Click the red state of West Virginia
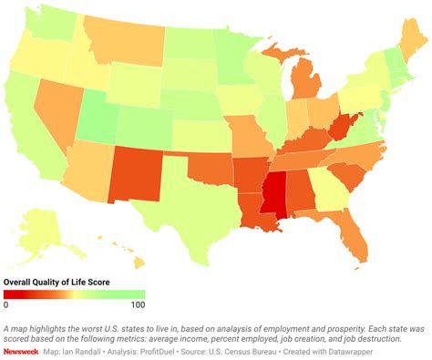pos(340,127)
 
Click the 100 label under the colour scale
pos(138,305)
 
